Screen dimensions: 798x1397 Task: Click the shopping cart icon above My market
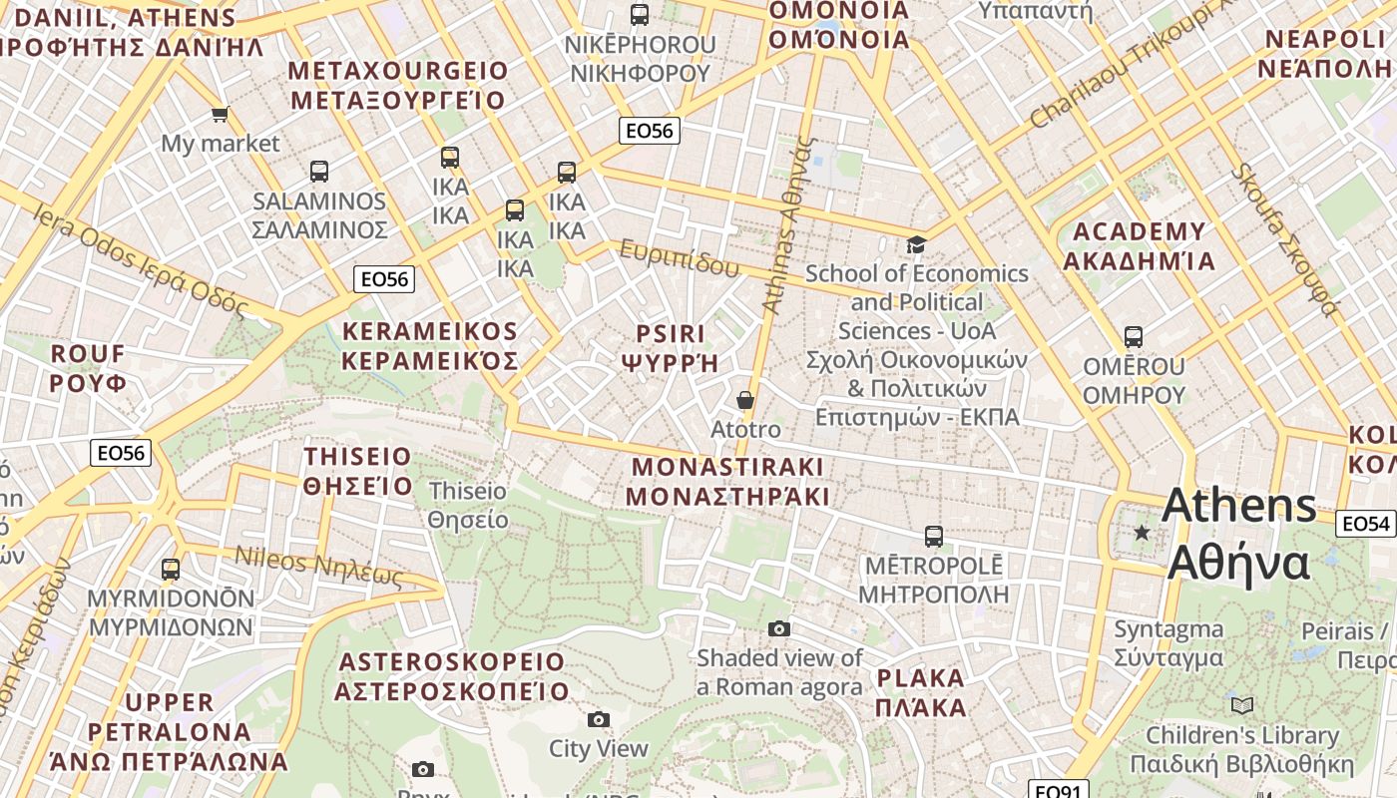coord(220,115)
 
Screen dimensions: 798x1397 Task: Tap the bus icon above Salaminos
coord(319,172)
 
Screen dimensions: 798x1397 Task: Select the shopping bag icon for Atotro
coord(744,400)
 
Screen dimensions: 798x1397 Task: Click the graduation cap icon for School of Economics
coord(915,244)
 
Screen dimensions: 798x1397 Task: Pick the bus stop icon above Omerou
coord(1134,337)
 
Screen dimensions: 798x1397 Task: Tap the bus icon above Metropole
coord(933,537)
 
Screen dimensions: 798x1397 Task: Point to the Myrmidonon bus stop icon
coord(171,570)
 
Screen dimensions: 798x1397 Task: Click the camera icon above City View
coord(599,719)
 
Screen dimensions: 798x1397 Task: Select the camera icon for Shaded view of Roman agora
coord(779,628)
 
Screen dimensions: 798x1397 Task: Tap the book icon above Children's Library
coord(1242,706)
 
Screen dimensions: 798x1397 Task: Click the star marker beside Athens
coord(1143,533)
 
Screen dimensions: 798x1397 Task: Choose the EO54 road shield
coord(1365,523)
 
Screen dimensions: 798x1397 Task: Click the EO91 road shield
coord(1057,791)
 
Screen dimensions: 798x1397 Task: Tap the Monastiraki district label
coord(728,481)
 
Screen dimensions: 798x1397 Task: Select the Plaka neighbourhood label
coord(921,692)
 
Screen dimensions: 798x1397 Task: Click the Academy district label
coord(1139,246)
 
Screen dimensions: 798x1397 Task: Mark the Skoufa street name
coord(1283,239)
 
